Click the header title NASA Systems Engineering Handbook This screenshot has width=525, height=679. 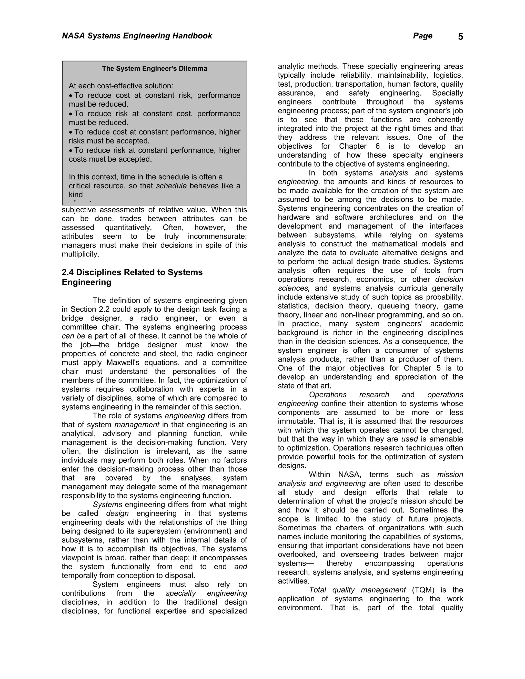coord(137,36)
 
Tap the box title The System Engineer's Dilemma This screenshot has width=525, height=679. coord(155,69)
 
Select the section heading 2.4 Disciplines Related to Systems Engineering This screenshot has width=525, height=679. coord(132,277)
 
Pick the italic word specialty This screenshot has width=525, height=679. coord(181,593)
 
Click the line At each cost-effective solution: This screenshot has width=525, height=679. coord(121,86)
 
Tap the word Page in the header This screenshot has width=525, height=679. coord(422,36)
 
